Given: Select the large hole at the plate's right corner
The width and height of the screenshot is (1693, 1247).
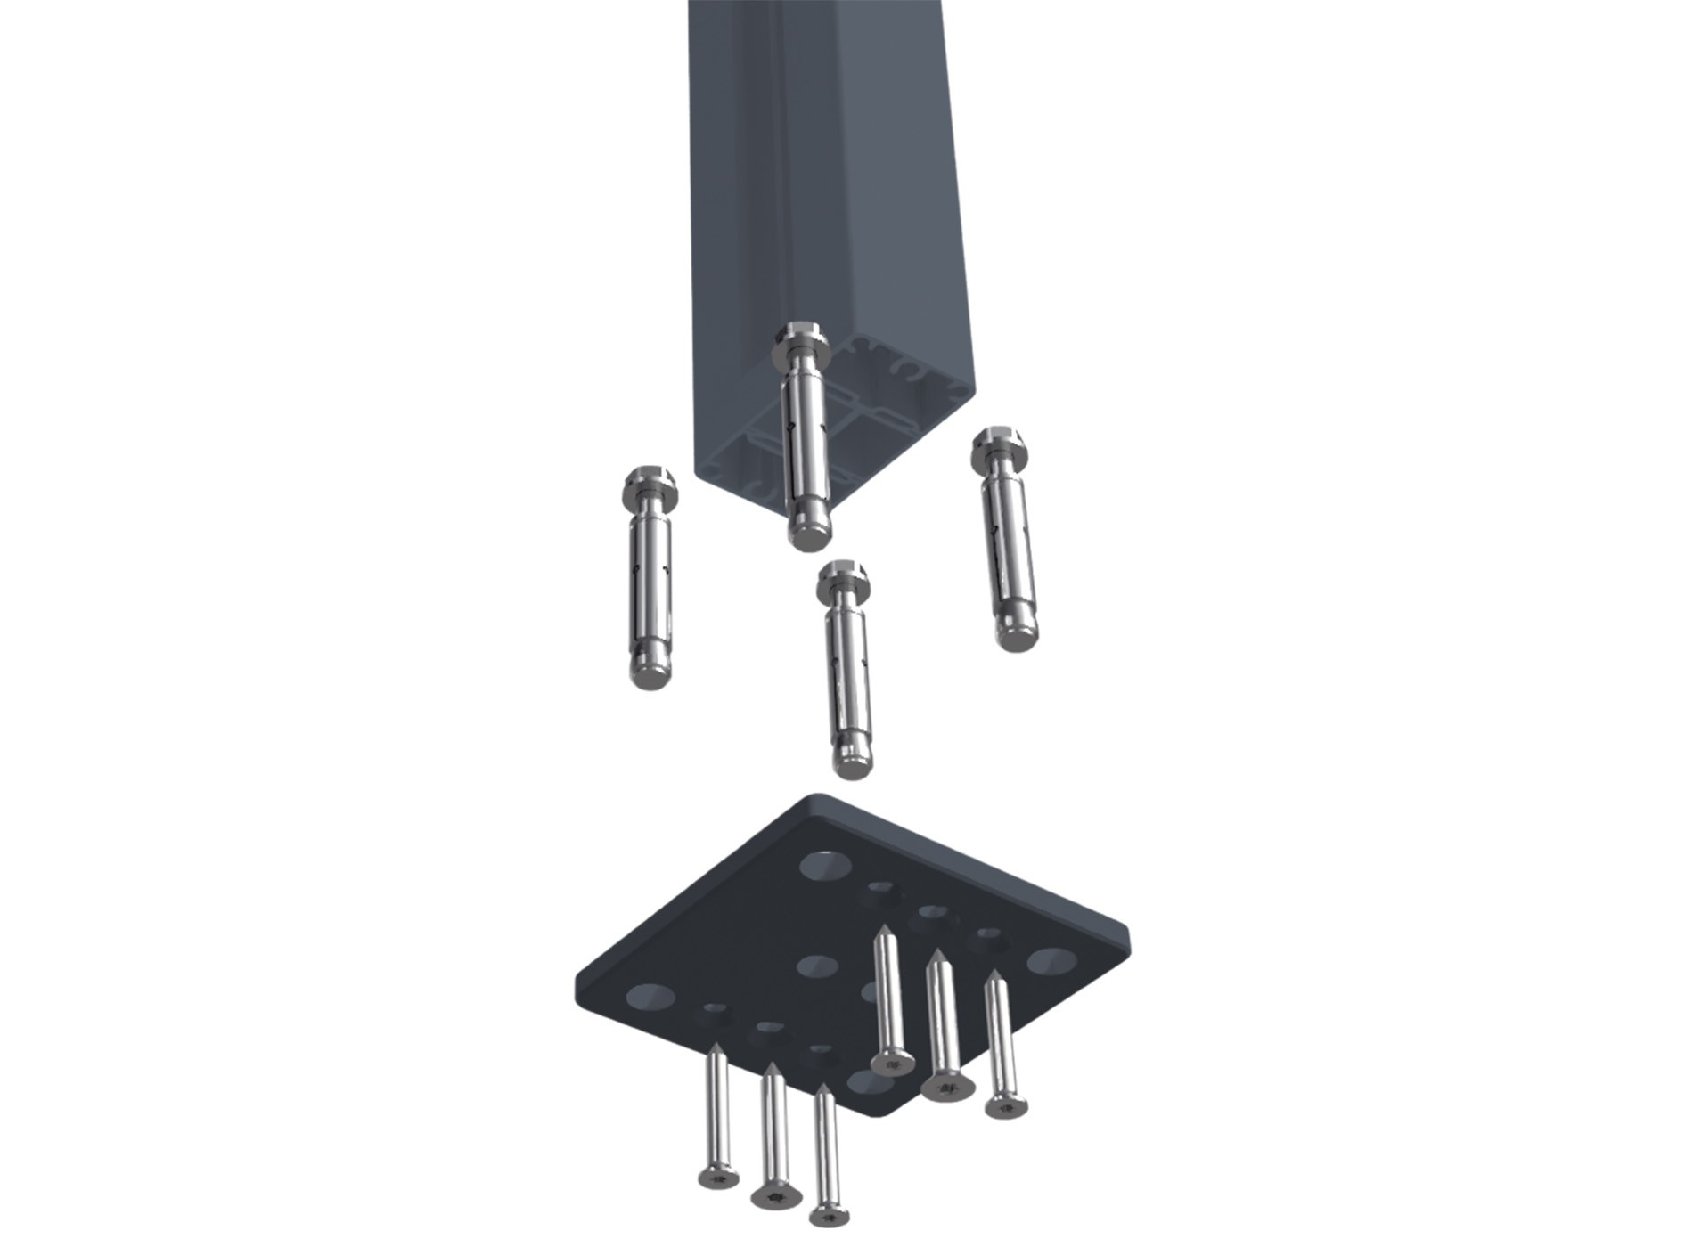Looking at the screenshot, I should tap(1051, 961).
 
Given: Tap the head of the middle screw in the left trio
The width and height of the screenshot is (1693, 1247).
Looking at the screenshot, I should tap(776, 1196).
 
